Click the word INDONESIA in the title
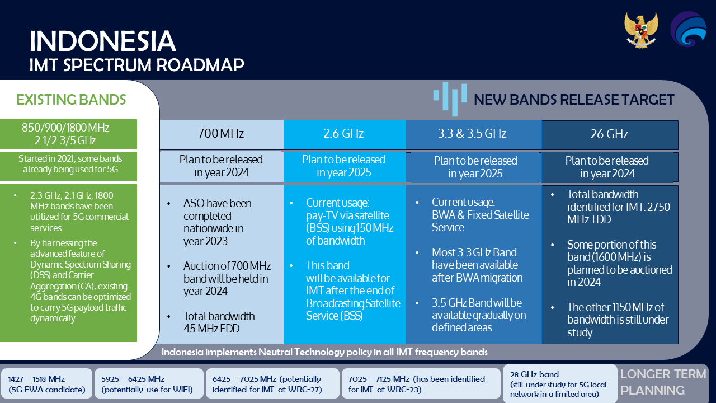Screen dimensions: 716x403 point(102,41)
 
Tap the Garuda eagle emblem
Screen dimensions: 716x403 point(641,30)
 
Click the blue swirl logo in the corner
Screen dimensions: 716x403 point(688,29)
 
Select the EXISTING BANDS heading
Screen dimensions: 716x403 point(71,100)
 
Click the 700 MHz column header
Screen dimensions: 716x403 point(221,134)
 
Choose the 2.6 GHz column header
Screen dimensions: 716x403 point(344,134)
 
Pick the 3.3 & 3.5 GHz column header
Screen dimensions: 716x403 point(473,134)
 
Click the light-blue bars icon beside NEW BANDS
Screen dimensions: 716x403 point(450,99)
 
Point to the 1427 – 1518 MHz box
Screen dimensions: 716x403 point(46,384)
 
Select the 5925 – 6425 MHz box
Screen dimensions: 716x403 point(149,384)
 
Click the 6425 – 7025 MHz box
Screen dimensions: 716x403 point(272,384)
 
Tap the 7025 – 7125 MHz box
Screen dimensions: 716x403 point(421,384)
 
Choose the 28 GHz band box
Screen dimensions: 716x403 point(560,384)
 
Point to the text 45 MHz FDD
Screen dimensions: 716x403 point(211,329)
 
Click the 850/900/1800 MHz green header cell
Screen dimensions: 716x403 point(68,134)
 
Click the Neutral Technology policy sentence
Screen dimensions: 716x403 point(324,352)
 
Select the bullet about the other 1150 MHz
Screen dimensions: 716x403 point(616,320)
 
